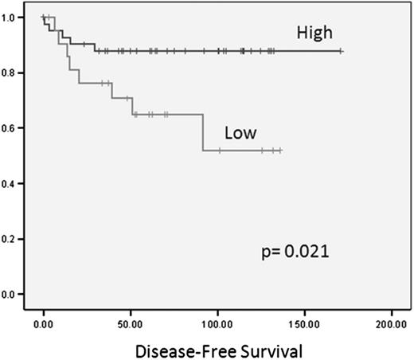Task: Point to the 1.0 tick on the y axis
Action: (13, 17)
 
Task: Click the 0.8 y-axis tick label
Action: (13, 72)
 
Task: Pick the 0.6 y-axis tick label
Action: (13, 128)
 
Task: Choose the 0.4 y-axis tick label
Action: (13, 184)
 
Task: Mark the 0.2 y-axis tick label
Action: (13, 239)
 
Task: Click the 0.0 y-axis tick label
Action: (13, 295)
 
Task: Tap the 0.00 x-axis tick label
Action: (45, 324)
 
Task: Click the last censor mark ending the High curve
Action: (341, 51)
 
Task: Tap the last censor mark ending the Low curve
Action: (280, 151)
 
